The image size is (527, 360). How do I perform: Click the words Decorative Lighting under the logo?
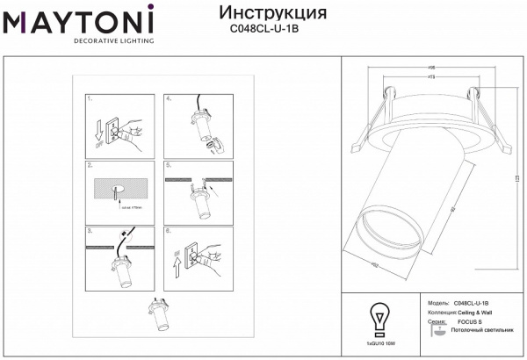[x=113, y=41]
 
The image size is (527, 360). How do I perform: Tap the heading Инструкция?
[x=271, y=13]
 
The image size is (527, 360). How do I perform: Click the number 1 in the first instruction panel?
[x=90, y=101]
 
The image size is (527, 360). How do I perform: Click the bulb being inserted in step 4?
[x=214, y=146]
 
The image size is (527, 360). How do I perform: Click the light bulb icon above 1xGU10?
[x=379, y=316]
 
